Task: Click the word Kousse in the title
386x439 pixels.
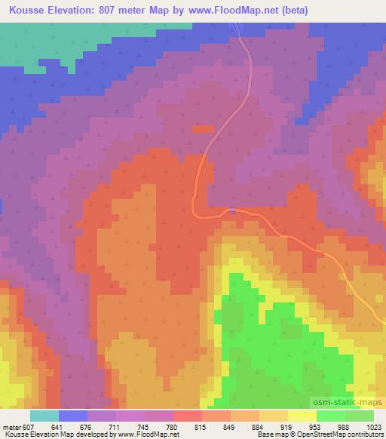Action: point(30,10)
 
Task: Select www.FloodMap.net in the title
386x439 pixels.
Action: point(225,10)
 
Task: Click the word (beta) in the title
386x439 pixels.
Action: point(291,10)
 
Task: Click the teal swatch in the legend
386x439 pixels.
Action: point(44,416)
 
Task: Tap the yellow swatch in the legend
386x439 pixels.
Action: point(303,416)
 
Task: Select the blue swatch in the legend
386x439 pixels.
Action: point(73,416)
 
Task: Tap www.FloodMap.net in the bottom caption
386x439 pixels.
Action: point(155,434)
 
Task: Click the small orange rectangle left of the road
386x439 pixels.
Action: point(203,129)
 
